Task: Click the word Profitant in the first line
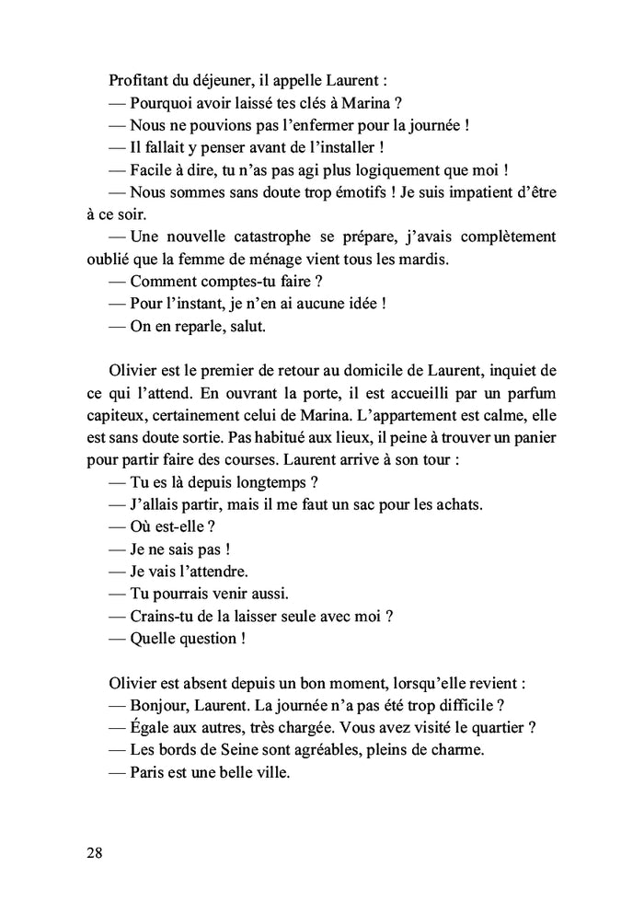coord(141,79)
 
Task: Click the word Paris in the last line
coord(149,774)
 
